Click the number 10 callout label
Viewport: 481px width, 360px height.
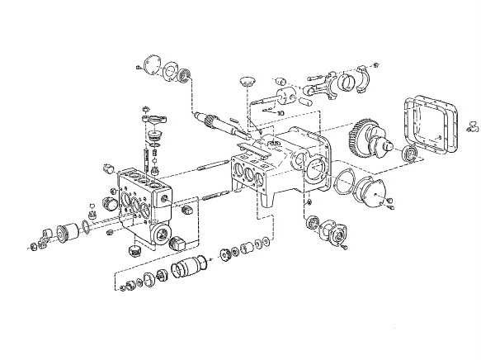coord(281,113)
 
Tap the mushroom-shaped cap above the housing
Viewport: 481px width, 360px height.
coord(247,82)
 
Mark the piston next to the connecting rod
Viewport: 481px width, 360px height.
coord(286,96)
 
